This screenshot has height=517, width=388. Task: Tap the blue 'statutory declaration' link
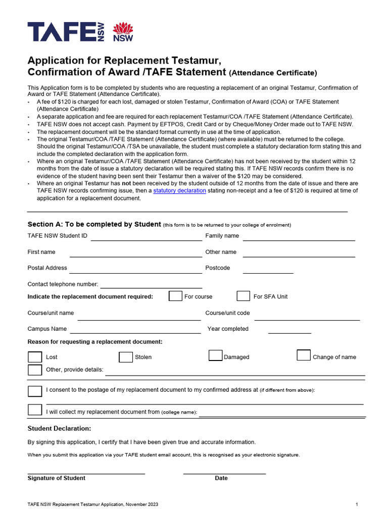click(179, 191)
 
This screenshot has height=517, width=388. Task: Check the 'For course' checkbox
click(175, 296)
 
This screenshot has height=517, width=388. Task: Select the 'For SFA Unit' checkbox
click(244, 296)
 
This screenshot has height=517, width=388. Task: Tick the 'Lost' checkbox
click(35, 357)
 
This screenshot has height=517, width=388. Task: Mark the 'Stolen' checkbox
click(126, 357)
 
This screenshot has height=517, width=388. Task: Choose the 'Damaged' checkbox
click(216, 356)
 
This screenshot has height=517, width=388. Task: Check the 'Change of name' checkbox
click(304, 355)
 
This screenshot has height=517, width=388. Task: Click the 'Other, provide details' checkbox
click(35, 370)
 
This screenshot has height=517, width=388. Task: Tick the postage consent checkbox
click(35, 391)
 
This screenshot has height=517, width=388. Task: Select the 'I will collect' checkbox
click(35, 410)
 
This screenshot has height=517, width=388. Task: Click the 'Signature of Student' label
click(56, 478)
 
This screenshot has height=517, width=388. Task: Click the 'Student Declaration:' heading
click(59, 429)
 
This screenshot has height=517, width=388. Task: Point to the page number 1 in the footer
click(357, 504)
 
